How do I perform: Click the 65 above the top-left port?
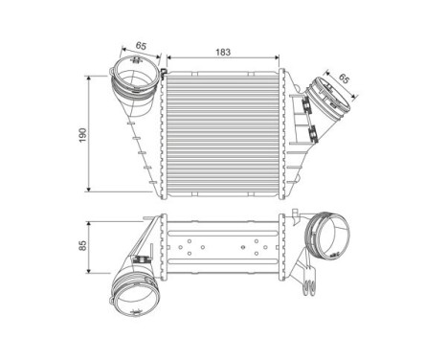[140, 45]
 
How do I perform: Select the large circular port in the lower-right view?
[328, 236]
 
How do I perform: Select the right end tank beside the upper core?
[293, 134]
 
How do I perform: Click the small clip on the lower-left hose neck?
[143, 259]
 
